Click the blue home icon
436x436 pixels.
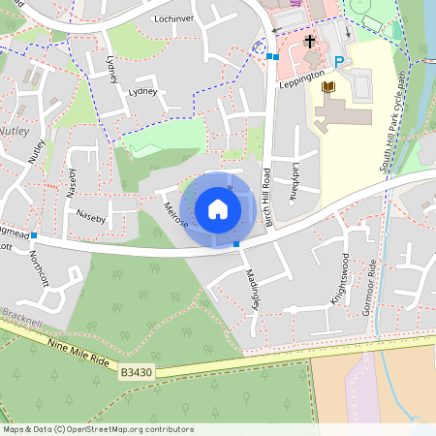pyautogui.click(x=218, y=208)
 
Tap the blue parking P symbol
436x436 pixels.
pyautogui.click(x=339, y=62)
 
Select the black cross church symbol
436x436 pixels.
pyautogui.click(x=310, y=42)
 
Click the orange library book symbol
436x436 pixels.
pyautogui.click(x=328, y=87)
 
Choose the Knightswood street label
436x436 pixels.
pyautogui.click(x=337, y=279)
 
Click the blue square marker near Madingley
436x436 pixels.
pyautogui.click(x=236, y=244)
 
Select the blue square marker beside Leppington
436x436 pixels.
pyautogui.click(x=275, y=57)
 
